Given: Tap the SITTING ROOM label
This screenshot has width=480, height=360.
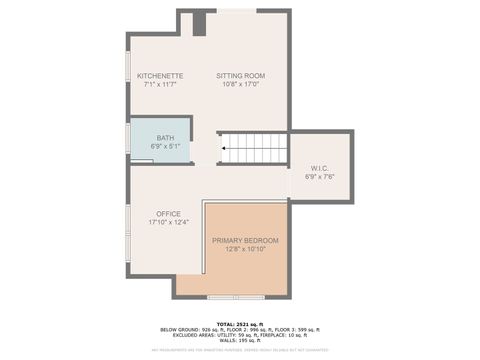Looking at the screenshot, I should coord(240,75).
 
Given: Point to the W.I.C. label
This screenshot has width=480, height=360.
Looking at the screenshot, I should coord(320,168).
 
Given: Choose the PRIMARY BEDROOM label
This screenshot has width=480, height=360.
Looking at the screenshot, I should coord(245,241).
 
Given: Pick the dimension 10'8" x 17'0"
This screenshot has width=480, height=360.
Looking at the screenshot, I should coord(240,84).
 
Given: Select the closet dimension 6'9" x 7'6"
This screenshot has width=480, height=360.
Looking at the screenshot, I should coord(320,177).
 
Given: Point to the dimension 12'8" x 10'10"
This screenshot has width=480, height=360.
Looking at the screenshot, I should coord(245,250).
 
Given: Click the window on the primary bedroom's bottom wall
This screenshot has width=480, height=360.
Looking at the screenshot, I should coord(237,296).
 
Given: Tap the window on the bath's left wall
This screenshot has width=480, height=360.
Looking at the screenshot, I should coord(128,140).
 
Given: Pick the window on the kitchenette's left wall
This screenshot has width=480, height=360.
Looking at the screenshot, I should coord(128,77).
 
